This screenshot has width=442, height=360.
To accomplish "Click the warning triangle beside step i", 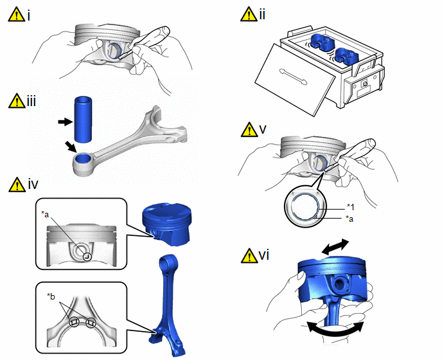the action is [17, 15].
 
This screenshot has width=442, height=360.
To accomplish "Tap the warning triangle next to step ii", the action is [249, 14].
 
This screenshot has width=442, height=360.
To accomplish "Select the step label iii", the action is [31, 102].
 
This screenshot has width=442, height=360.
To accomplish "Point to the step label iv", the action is [33, 184].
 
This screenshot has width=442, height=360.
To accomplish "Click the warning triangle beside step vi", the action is [249, 256].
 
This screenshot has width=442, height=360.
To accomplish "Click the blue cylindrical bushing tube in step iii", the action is [84, 119].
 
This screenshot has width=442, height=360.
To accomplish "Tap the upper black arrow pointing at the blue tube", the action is [65, 122].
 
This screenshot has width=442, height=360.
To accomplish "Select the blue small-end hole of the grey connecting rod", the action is [83, 159].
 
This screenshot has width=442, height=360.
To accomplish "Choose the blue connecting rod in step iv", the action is [167, 305].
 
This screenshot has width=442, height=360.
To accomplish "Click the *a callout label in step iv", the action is [45, 215].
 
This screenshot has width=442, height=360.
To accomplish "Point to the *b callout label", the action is [51, 296].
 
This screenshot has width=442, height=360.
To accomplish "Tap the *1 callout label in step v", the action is [350, 207].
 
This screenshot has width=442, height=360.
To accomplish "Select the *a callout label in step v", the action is [349, 219].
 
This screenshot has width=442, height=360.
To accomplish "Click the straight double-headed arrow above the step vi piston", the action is [335, 247].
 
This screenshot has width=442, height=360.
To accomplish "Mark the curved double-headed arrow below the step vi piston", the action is [335, 329].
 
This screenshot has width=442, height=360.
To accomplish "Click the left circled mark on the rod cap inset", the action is [74, 322].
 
